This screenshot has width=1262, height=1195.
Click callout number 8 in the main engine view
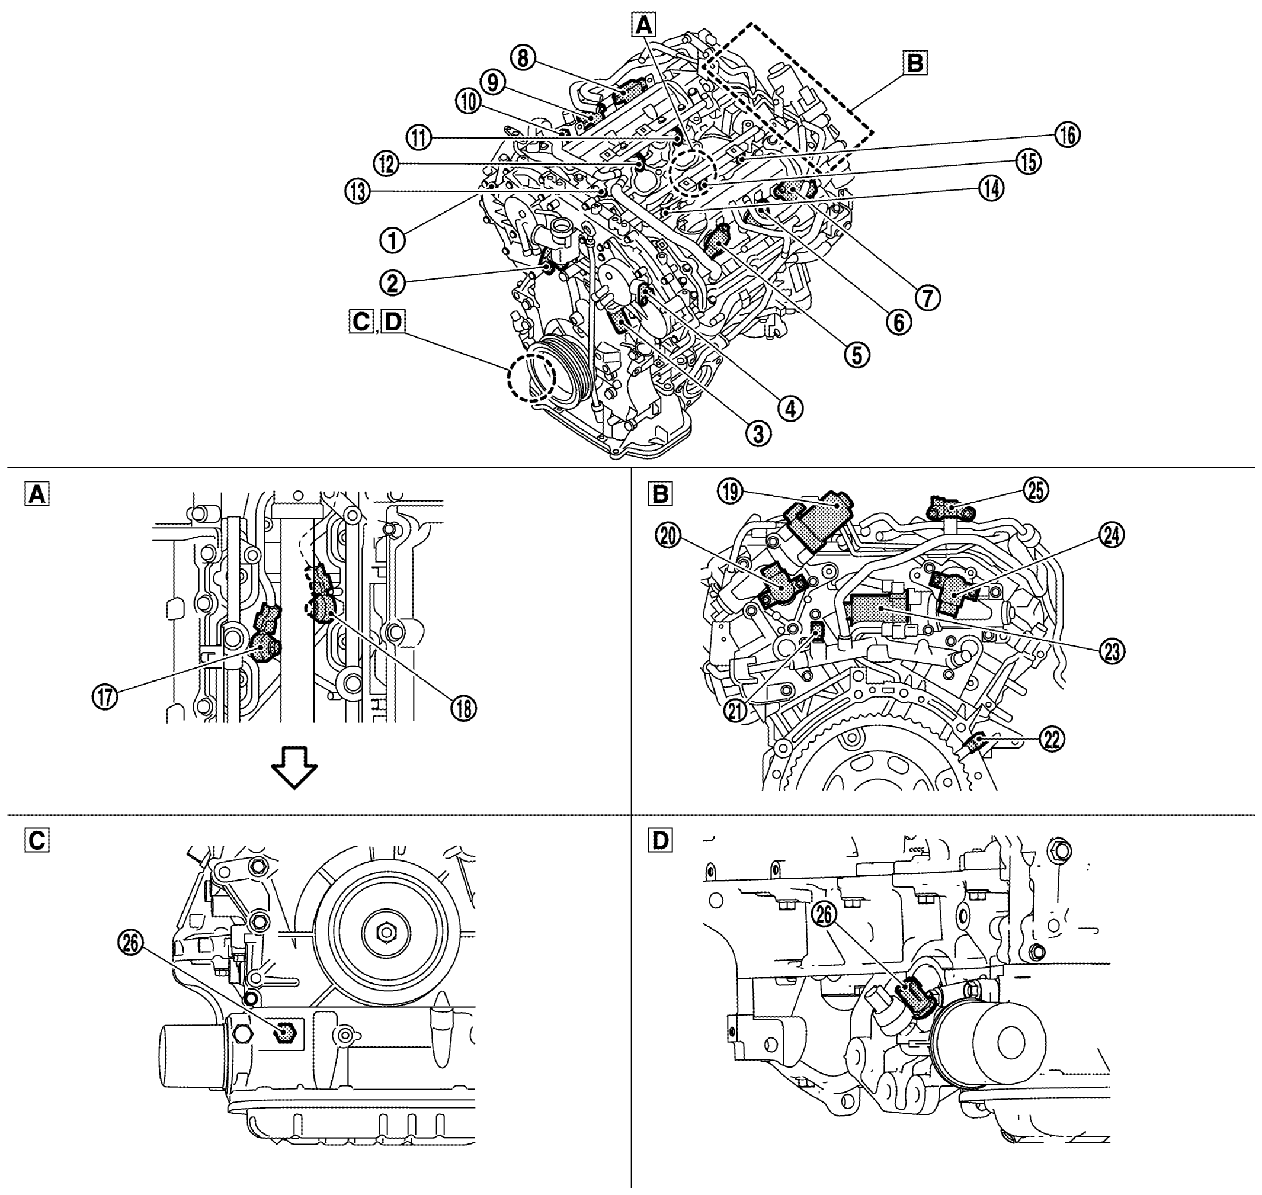point(522,58)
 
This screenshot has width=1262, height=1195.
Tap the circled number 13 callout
point(358,191)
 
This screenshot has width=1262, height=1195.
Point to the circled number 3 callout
point(758,435)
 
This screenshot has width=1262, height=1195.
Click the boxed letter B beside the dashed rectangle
point(915,64)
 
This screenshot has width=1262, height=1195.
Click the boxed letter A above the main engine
point(645,25)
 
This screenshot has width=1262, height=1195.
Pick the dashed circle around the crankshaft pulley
point(531,377)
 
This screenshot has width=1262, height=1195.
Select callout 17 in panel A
point(105,696)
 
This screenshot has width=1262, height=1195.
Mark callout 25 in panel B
point(1036,490)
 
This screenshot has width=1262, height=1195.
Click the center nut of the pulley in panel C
point(386,933)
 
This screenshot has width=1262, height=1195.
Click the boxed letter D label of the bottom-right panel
point(659,841)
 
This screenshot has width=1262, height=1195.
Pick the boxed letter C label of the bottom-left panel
point(36,841)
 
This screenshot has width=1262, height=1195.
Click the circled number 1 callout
point(393,241)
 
